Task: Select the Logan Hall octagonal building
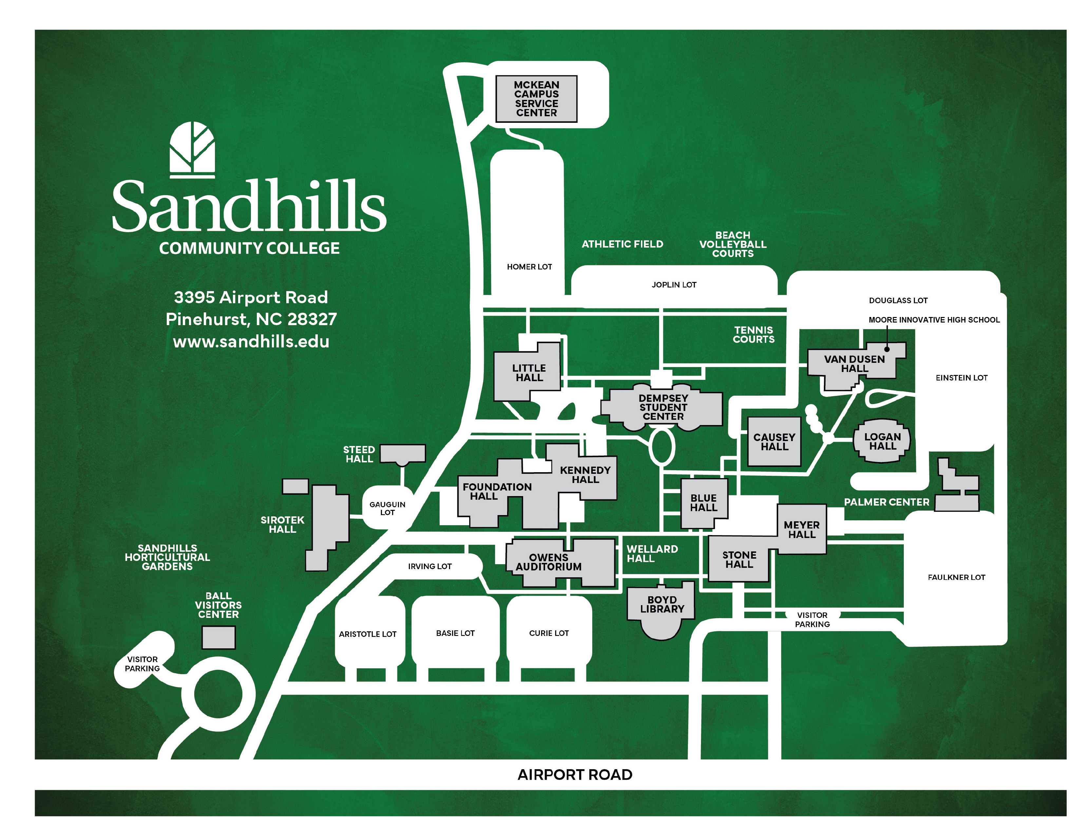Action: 882,441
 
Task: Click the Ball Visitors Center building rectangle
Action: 218,637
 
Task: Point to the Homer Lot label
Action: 529,267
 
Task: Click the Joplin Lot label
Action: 673,285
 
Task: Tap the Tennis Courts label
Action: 753,334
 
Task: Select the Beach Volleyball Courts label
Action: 732,244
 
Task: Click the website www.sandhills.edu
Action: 251,341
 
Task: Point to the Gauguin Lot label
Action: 387,508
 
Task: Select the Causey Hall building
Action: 774,442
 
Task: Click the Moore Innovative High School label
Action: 934,320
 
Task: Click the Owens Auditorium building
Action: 548,563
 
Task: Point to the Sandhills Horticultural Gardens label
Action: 167,557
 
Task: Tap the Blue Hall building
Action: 703,503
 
